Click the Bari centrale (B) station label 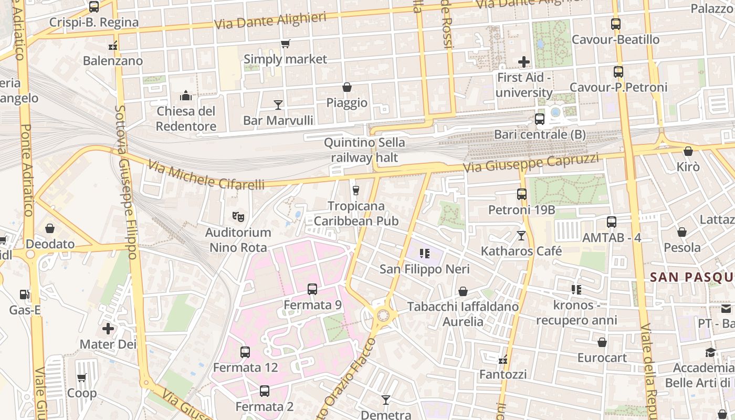coord(540,134)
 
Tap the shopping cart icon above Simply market coord(285,44)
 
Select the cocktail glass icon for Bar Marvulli coord(278,105)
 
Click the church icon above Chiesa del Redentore coord(186,96)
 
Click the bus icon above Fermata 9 coord(312,289)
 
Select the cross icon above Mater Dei coord(108,329)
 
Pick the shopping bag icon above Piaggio coord(347,87)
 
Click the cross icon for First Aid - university coord(523,62)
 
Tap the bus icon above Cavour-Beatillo coord(616,24)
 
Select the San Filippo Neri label coord(424,269)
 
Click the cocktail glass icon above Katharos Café coord(521,235)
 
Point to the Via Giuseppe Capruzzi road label coord(530,163)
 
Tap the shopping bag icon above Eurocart coord(602,342)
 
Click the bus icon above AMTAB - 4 coord(612,222)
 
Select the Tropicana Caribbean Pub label coord(356,214)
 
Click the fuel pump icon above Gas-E coord(24,295)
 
